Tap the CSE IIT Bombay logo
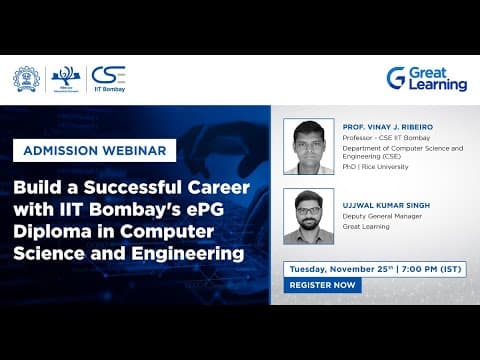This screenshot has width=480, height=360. [108, 78]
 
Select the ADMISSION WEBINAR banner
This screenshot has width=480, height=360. [94, 150]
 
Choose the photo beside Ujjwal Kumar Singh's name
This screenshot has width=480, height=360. [308, 216]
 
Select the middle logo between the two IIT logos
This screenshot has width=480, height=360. [65, 79]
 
